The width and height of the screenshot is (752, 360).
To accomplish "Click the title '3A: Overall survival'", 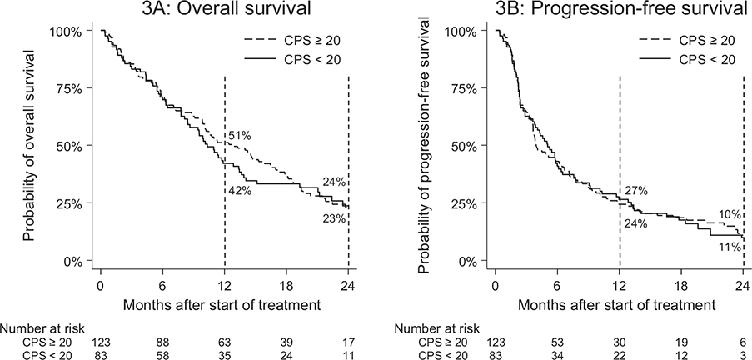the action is coord(225,7).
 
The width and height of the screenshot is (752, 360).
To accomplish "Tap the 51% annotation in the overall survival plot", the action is coord(239,136).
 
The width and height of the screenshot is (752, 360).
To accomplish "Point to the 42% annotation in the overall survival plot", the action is coord(239,191).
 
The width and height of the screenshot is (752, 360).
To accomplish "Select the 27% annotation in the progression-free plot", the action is coord(636,191).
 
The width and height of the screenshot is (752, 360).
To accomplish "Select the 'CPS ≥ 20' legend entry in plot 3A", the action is coord(294,42).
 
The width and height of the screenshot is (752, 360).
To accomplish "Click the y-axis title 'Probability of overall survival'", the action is coord(30,146).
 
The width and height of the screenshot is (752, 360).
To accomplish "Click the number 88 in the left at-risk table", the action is coord(163,342).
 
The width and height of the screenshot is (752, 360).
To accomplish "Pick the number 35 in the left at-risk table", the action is coord(225,355).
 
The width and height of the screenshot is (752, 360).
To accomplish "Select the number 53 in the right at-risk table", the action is coord(557,342).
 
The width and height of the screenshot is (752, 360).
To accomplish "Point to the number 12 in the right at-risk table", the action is coord(681,355).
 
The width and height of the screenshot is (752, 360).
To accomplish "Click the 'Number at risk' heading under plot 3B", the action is coord(437,329).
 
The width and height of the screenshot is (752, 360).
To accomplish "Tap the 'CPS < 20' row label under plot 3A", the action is coord(46,355).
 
